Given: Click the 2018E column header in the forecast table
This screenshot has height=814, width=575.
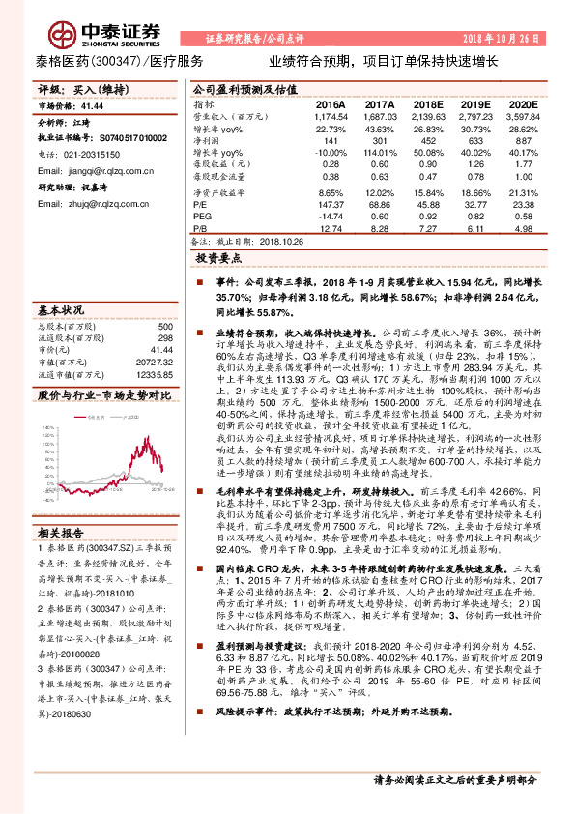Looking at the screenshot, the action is (422, 103).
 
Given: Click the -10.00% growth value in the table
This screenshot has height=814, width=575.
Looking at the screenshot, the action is (329, 153).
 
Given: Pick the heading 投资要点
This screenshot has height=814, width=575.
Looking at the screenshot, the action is (219, 259).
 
